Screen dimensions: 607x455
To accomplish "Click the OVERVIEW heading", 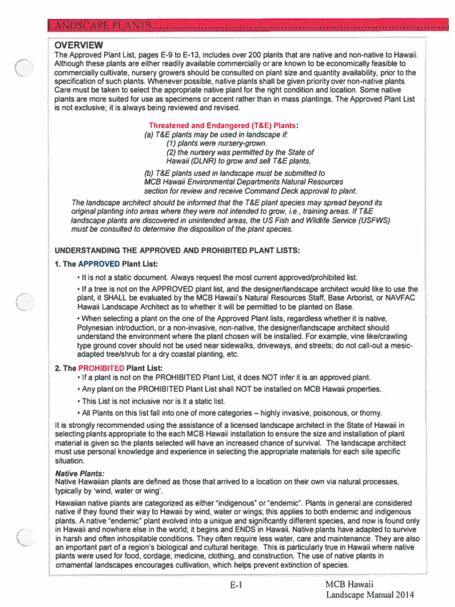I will tap(79, 46).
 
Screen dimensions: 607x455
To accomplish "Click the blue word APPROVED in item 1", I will tap(99, 264).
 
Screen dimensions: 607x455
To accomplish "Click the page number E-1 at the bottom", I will tap(237, 586).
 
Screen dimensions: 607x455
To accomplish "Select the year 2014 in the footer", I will tap(403, 595).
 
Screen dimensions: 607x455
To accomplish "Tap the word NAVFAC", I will tap(405, 298).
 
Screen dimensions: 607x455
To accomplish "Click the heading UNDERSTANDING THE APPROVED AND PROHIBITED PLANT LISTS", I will tap(177, 250).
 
